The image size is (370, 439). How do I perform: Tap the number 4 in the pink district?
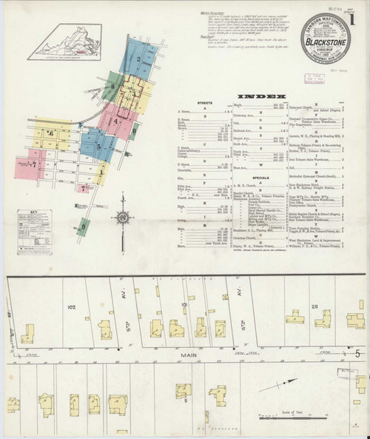click(x=117, y=119)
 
